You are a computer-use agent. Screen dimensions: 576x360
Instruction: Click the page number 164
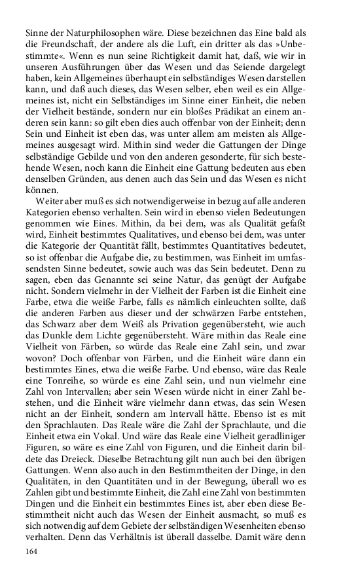coord(32,551)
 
